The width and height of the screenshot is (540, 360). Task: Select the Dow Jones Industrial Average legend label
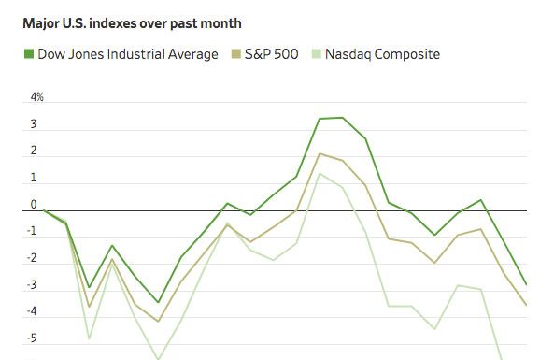tap(127, 54)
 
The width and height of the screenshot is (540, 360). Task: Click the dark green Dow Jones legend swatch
tap(29, 54)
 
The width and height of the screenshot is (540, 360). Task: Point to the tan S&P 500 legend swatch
tap(234, 54)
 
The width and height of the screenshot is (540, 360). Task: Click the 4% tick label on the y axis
tap(37, 97)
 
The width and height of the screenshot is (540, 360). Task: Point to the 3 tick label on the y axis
tap(34, 124)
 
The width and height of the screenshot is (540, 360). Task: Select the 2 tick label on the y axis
tap(34, 151)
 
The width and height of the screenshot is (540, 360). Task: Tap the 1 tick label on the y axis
tap(34, 178)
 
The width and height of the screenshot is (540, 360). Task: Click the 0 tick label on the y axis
tap(34, 205)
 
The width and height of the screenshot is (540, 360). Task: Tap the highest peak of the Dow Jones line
tap(342, 118)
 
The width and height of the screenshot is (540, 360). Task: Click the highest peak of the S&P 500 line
tap(320, 153)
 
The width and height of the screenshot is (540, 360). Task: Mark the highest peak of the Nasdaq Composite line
tap(320, 173)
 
